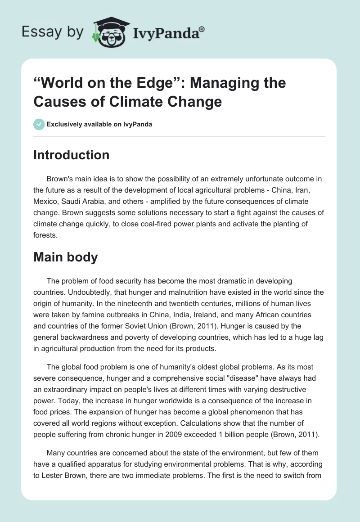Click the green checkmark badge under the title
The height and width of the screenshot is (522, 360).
pos(39,124)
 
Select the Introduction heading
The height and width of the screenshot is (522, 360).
pos(72,155)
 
